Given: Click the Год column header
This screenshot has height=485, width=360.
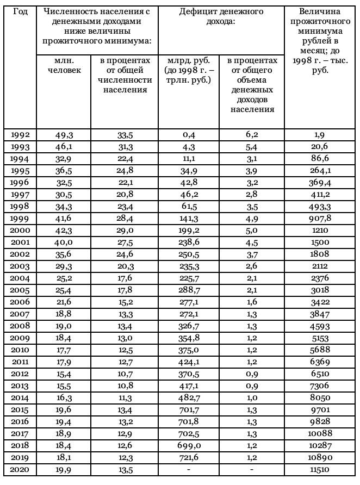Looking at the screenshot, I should point(20,11).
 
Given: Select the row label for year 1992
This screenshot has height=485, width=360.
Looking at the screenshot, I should point(20,135).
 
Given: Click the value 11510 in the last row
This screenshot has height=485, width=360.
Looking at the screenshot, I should point(320,470).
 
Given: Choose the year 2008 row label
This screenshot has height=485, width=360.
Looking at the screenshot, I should point(20,326).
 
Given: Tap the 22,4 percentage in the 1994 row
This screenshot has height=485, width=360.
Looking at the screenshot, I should point(124,159).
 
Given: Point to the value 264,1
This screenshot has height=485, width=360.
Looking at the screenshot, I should point(320,171).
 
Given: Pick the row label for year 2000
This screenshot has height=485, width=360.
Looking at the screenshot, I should point(20,231).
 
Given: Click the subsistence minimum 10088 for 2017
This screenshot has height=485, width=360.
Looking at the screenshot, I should point(320,434).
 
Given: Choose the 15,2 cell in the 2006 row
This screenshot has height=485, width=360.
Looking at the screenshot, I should point(124,302).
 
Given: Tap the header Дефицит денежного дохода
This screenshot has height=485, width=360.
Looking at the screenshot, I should point(221,16).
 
